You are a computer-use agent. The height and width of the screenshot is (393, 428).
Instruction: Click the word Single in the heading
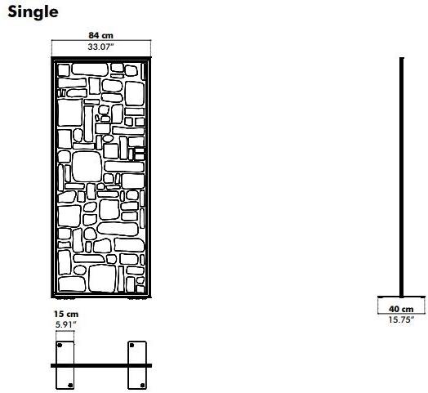(33, 12)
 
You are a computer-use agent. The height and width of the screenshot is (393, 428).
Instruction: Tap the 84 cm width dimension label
(100, 35)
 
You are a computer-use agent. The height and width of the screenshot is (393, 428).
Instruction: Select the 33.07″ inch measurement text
(100, 47)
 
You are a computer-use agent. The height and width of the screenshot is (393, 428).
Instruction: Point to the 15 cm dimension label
(66, 314)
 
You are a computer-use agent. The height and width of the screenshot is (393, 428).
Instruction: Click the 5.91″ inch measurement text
(66, 325)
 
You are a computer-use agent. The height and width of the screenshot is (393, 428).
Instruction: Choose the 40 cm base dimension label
(401, 309)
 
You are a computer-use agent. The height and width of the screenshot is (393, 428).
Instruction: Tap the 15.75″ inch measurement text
(401, 319)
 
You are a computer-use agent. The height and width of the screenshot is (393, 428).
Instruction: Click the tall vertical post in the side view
(402, 177)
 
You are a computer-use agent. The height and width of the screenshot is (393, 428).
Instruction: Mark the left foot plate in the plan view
(65, 365)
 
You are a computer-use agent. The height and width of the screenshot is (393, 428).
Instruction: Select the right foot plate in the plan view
(137, 365)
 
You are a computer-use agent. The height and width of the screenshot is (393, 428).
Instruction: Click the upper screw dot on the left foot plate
(60, 346)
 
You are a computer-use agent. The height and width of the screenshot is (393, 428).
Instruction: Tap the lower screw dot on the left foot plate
(70, 386)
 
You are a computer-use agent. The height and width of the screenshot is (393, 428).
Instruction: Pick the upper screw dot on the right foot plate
(132, 346)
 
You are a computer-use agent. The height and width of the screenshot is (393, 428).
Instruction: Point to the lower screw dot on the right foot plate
(142, 386)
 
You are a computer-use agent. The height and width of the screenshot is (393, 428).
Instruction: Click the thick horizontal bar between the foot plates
(101, 365)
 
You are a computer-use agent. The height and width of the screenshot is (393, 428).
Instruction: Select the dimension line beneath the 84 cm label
(101, 40)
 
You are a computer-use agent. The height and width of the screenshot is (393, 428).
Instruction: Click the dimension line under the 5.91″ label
(65, 331)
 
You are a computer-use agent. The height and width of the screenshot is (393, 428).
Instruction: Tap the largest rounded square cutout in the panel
(87, 167)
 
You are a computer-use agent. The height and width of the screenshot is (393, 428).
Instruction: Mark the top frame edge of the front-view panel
(101, 59)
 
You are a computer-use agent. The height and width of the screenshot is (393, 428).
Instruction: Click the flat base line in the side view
(402, 297)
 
